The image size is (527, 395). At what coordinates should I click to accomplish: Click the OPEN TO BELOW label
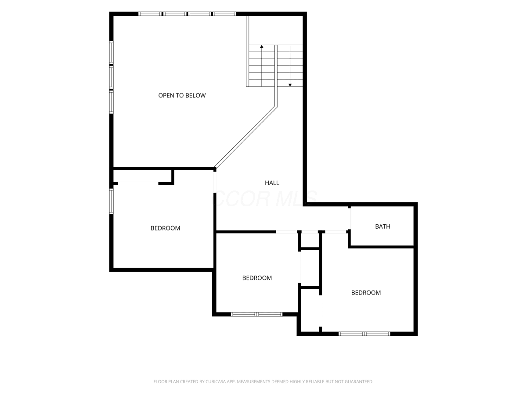(182, 95)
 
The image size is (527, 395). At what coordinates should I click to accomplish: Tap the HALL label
(272, 183)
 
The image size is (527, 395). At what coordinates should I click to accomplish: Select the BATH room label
(383, 226)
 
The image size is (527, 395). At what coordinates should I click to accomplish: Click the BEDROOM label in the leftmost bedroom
(165, 228)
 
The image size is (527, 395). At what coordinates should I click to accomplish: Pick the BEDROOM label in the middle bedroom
(257, 278)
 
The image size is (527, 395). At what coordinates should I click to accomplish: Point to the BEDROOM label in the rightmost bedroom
(366, 293)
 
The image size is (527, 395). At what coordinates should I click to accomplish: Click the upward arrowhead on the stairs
(262, 46)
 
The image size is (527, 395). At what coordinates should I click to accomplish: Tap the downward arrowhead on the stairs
(290, 85)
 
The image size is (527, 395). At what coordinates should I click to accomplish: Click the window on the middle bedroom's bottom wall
(256, 314)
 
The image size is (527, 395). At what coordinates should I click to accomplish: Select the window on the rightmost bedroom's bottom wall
(364, 334)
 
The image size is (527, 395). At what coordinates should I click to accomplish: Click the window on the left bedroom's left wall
(112, 201)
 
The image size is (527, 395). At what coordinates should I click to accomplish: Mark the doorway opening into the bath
(349, 219)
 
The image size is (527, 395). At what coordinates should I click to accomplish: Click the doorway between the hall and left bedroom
(215, 182)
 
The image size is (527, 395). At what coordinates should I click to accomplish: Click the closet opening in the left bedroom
(138, 183)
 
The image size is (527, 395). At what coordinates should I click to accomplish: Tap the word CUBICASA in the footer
(216, 381)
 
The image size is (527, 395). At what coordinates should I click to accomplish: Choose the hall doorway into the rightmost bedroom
(336, 232)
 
